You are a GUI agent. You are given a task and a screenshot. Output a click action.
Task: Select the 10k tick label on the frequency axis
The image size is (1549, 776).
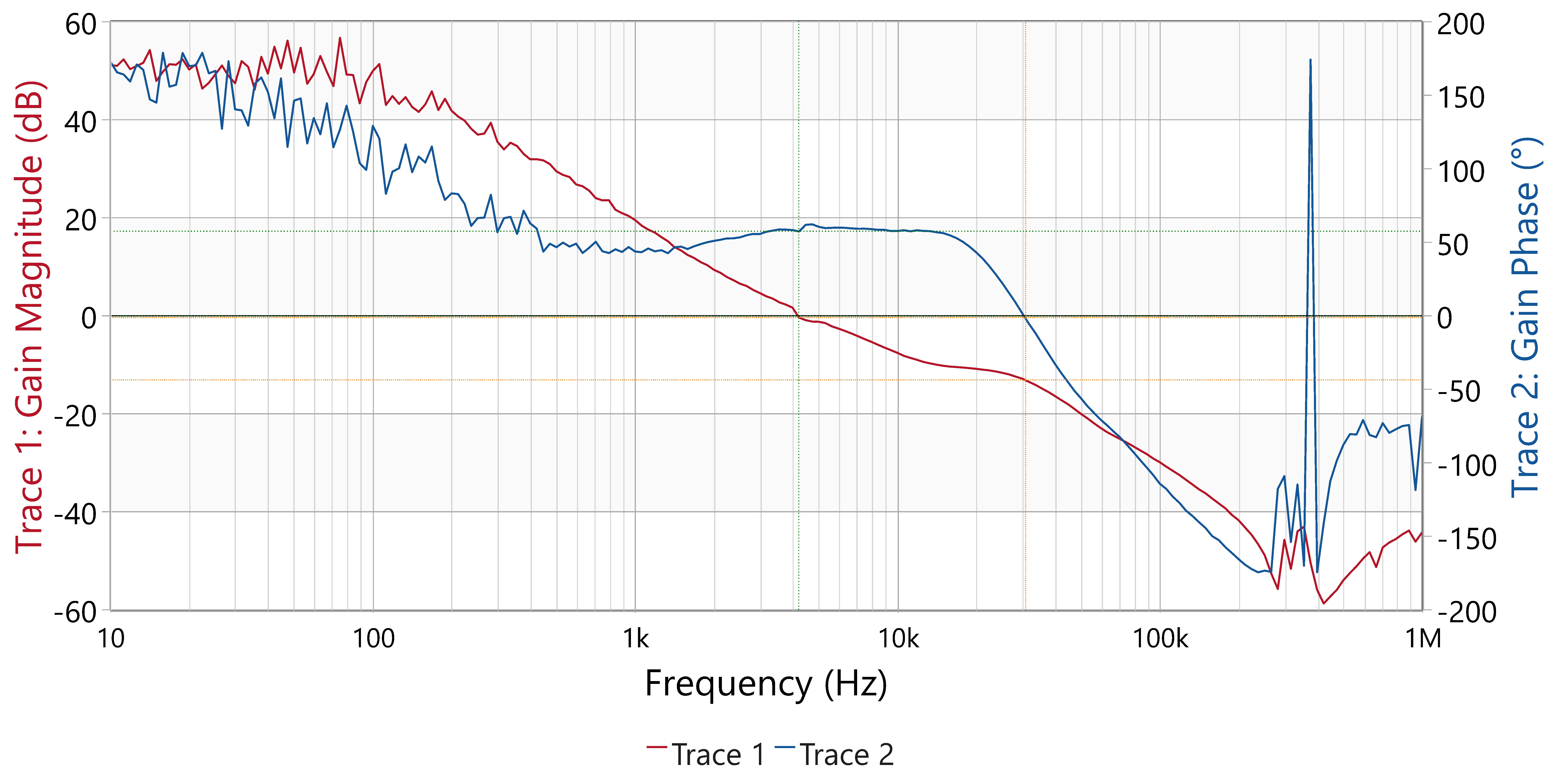pyautogui.click(x=898, y=638)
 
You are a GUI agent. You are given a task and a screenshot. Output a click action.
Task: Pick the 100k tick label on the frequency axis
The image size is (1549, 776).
pyautogui.click(x=1161, y=638)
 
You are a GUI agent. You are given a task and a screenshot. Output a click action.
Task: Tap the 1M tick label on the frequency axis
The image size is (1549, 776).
pyautogui.click(x=1423, y=638)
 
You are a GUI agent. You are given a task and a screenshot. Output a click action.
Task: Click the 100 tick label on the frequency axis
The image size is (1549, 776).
pyautogui.click(x=373, y=638)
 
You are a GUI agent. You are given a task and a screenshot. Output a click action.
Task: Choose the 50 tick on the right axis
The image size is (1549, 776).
pyautogui.click(x=1453, y=245)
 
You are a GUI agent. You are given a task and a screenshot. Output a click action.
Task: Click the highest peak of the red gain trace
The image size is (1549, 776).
pyautogui.click(x=340, y=38)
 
